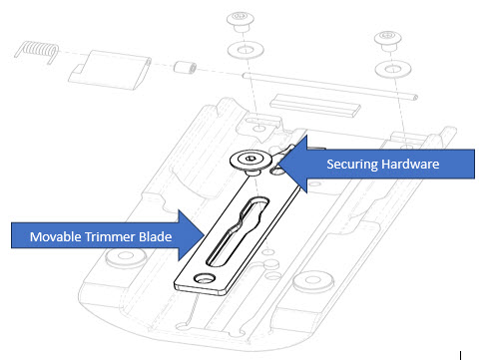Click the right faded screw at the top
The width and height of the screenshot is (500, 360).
388,41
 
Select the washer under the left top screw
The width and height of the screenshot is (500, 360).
241,49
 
